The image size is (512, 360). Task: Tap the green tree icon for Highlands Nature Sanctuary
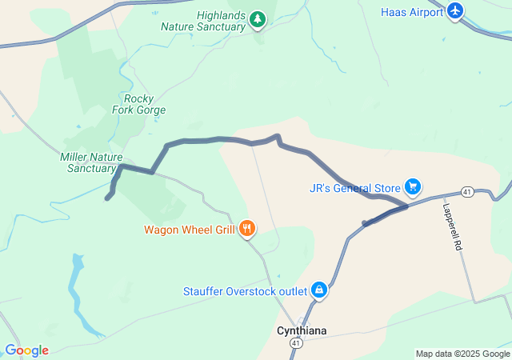pyautogui.click(x=257, y=18)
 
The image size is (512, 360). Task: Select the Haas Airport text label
pyautogui.click(x=411, y=12)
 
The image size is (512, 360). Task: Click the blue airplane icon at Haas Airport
pyautogui.click(x=455, y=11)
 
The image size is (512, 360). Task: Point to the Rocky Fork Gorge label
pyautogui.click(x=139, y=104)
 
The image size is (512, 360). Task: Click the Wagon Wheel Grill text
pyautogui.click(x=189, y=230)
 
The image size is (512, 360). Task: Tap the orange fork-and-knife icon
pyautogui.click(x=246, y=230)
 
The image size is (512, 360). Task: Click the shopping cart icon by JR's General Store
pyautogui.click(x=412, y=187)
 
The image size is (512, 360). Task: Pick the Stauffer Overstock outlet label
pyautogui.click(x=244, y=290)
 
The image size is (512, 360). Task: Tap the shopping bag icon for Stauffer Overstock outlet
pyautogui.click(x=319, y=289)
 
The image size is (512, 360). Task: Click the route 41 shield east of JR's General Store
pyautogui.click(x=467, y=192)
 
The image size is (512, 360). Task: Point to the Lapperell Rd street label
pyautogui.click(x=452, y=226)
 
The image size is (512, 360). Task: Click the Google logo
pyautogui.click(x=26, y=350)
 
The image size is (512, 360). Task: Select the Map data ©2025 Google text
pyautogui.click(x=462, y=354)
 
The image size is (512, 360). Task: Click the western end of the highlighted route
pyautogui.click(x=107, y=198)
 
